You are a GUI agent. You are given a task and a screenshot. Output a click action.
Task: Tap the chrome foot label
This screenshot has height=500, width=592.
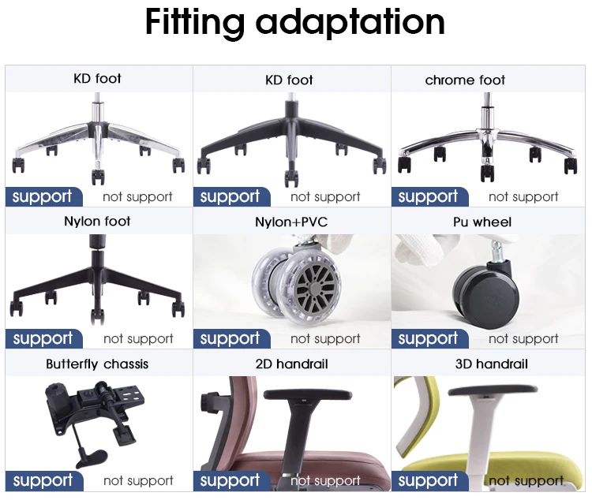[x=465, y=80]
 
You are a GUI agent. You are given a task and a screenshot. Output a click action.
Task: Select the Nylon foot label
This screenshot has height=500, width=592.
[x=97, y=221]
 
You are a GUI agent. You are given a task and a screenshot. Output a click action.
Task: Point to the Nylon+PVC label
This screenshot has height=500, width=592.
[x=291, y=222]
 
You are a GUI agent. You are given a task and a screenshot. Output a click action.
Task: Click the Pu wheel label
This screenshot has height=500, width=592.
[x=482, y=222]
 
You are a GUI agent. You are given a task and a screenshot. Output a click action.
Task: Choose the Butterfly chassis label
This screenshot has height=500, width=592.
[x=97, y=364]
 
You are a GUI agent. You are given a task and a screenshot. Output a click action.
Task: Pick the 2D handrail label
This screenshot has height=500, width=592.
[x=291, y=364]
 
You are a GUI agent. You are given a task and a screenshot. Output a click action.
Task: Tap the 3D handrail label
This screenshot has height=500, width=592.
[x=491, y=364]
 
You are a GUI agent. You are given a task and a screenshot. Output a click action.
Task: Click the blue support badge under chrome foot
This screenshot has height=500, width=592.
[x=429, y=196]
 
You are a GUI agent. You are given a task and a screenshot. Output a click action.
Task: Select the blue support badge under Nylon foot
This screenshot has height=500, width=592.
[x=43, y=338]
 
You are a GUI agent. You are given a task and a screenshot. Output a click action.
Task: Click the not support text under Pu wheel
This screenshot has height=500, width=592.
[x=523, y=339]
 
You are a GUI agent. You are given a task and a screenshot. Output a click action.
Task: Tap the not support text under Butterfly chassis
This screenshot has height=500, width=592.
[x=138, y=480]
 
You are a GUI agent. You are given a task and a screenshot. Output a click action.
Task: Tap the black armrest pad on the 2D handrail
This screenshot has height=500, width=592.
[x=301, y=393]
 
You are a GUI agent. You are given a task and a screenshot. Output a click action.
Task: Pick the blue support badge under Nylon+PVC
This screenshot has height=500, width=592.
[x=230, y=338]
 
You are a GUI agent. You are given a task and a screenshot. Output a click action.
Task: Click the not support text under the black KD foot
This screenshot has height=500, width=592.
[x=325, y=197]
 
